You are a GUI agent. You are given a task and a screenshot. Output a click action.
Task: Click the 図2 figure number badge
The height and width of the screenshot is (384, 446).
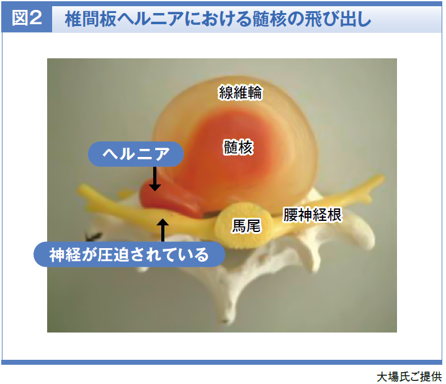27,19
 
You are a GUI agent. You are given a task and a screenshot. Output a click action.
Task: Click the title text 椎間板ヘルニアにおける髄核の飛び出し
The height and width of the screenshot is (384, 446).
218,19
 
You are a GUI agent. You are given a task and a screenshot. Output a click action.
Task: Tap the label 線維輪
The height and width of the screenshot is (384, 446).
240,92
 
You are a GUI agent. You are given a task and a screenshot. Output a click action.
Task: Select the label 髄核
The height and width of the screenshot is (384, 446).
238,147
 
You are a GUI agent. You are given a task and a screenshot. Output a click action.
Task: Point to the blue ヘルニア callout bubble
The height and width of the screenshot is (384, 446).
136,154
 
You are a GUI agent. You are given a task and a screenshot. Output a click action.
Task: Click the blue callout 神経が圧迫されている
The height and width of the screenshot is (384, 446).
129,254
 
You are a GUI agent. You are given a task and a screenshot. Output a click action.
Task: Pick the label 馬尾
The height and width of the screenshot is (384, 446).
246,226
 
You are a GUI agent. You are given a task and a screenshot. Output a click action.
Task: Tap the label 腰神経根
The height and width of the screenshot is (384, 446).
312,215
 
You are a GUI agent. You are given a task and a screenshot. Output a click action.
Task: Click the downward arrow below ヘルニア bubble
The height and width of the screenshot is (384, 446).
154,179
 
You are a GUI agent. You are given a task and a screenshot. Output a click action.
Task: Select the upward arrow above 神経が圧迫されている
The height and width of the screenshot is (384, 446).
163,230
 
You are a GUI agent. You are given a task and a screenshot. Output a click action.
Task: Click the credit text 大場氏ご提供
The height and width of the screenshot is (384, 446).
409,377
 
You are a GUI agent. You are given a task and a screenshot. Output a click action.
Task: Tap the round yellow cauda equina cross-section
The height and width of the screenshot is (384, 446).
243,225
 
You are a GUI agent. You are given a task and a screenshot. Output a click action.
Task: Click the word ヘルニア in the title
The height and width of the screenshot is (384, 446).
150,19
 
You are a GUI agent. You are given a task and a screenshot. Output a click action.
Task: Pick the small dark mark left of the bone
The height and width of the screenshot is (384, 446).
93,236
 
